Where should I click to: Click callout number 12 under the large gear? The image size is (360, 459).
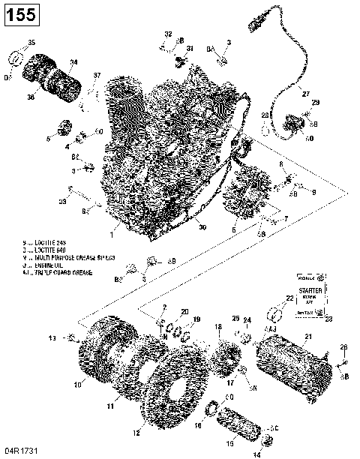click(x=136, y=433)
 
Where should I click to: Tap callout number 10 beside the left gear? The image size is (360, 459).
click(x=77, y=385)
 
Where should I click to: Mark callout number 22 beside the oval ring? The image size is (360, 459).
click(x=289, y=298)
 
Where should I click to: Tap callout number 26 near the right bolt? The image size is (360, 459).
click(x=344, y=346)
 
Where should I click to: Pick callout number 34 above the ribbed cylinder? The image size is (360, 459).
click(x=73, y=62)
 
